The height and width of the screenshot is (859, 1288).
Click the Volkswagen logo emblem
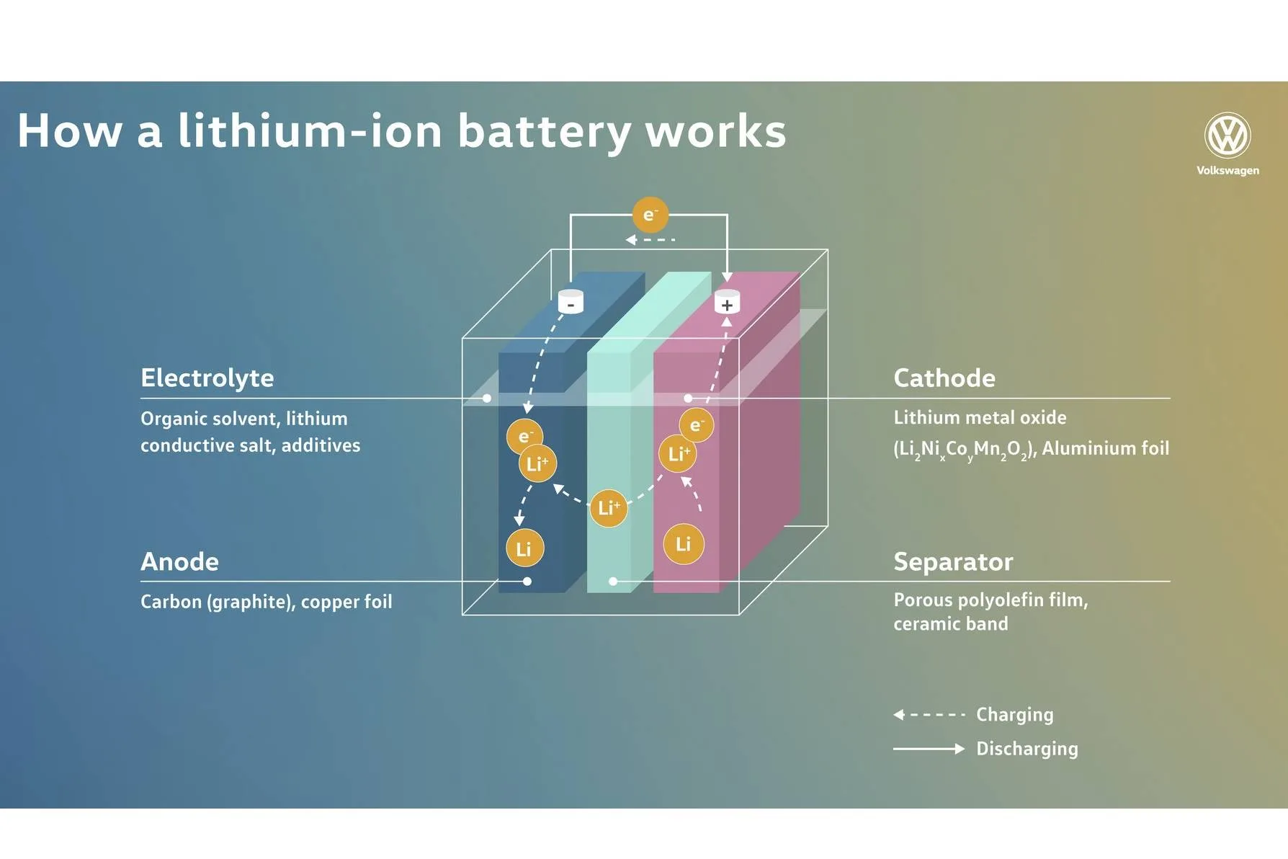click(x=1227, y=135)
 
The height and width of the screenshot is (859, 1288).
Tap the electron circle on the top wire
click(x=650, y=215)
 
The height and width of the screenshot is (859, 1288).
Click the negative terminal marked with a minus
click(x=571, y=302)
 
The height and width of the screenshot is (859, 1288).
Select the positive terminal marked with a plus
click(x=727, y=303)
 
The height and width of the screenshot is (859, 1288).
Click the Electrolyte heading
click(x=207, y=378)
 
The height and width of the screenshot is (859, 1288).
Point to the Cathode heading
click(x=944, y=378)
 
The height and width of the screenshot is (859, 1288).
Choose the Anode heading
click(x=179, y=561)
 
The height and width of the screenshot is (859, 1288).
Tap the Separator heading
click(x=953, y=561)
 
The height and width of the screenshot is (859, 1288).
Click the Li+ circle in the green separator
click(x=608, y=508)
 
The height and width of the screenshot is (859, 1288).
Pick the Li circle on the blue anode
click(x=524, y=549)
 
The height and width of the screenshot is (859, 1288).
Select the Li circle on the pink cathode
click(x=683, y=544)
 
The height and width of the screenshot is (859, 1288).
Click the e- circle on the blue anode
click(x=524, y=436)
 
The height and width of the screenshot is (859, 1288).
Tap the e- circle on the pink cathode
click(x=696, y=425)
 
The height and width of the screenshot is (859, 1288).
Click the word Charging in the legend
click(x=1014, y=715)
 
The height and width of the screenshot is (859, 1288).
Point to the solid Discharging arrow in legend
click(x=929, y=749)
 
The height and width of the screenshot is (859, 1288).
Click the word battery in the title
click(x=544, y=132)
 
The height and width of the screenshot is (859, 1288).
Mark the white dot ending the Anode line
click(x=527, y=581)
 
